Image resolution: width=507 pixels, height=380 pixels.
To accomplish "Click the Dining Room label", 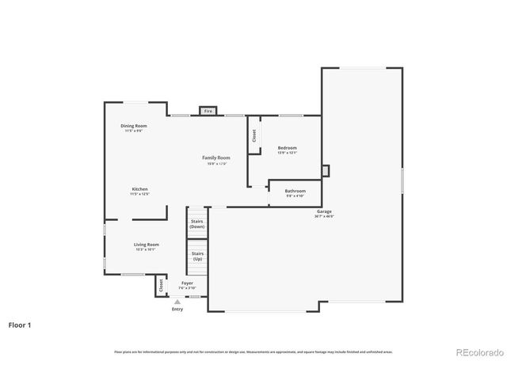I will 133,126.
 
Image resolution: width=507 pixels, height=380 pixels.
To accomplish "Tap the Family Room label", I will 217,158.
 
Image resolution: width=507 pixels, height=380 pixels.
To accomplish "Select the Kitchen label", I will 139,189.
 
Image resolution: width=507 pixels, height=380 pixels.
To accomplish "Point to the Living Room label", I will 146,245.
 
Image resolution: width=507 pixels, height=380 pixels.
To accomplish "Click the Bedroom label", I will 287,148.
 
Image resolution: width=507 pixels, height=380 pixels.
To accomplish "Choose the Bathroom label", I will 295,191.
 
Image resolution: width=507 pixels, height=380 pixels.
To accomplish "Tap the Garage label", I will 325,211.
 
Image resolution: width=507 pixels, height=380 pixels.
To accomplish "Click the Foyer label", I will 187,283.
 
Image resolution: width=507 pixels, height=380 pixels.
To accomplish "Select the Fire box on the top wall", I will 208,112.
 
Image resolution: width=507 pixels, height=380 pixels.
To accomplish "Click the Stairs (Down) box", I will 197,224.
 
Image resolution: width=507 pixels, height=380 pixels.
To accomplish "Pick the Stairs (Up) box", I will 197,256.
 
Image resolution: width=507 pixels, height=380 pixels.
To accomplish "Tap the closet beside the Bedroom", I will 254,135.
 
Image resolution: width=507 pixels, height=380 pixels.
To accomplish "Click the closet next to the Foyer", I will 161,285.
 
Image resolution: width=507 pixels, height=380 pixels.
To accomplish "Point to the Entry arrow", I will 177,302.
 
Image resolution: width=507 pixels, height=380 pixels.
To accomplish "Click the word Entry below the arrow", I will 177,309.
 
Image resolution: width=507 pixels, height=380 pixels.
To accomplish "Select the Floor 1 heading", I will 21,325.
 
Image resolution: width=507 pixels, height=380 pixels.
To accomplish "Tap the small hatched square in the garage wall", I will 324,170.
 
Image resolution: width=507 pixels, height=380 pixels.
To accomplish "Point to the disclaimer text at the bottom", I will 253,351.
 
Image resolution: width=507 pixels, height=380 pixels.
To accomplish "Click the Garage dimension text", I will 325,216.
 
